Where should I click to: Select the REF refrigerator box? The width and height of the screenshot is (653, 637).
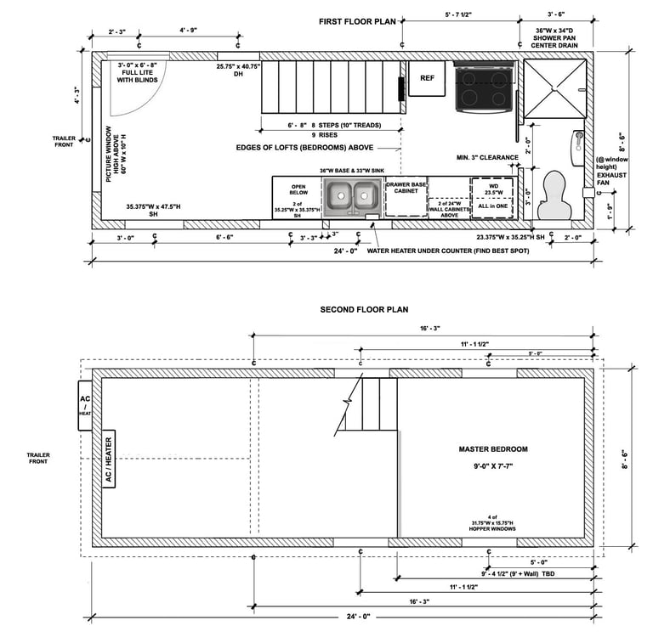(x=427, y=77)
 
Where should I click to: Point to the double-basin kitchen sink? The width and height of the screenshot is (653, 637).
(x=354, y=198)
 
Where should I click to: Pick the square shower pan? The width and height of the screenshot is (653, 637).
(x=554, y=87)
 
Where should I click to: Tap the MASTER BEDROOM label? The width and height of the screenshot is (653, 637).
(x=493, y=449)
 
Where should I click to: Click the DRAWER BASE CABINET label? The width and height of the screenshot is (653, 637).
(x=406, y=187)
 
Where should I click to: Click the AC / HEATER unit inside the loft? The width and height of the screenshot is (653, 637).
(x=108, y=459)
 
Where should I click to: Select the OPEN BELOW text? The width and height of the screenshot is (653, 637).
(x=298, y=189)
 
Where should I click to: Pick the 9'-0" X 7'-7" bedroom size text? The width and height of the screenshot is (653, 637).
(x=493, y=466)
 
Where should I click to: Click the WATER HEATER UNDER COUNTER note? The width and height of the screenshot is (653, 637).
(x=451, y=251)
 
